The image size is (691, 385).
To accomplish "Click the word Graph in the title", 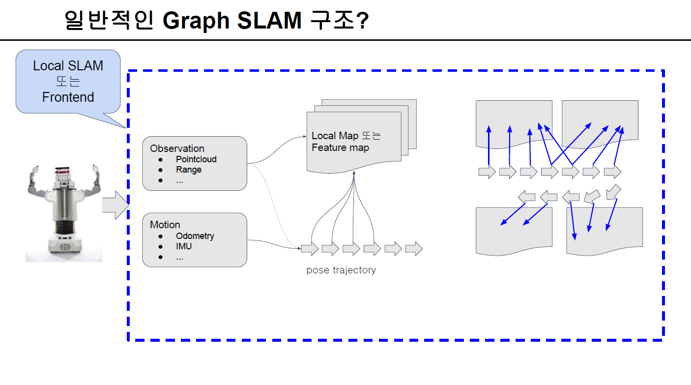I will (x=195, y=21).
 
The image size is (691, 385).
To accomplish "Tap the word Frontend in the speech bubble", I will (x=68, y=97).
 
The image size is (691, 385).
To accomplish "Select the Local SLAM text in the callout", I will (x=68, y=65).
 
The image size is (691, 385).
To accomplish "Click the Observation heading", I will (x=177, y=148).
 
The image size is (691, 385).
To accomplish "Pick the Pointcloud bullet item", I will (x=196, y=159).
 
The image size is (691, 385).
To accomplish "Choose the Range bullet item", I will (x=189, y=170).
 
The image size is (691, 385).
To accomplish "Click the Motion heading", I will (x=165, y=224).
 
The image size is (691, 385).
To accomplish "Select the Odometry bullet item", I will (x=195, y=236).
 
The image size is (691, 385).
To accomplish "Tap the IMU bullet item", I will (x=184, y=246).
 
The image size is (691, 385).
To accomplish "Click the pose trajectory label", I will (x=341, y=270).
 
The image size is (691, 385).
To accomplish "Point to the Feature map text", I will (x=340, y=148).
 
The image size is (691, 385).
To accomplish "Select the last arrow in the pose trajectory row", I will (x=413, y=249).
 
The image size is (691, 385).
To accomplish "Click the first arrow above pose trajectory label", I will (x=310, y=249).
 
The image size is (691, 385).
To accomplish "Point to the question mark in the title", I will (x=361, y=21).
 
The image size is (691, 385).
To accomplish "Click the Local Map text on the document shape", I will (x=335, y=136).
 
